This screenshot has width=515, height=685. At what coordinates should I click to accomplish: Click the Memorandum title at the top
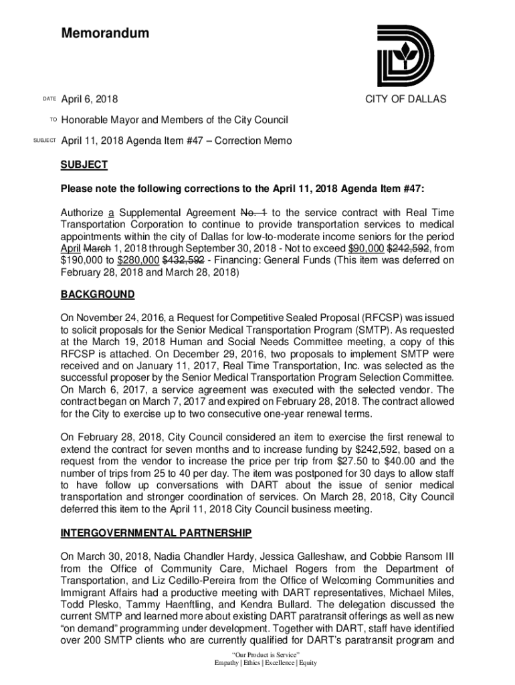click(x=105, y=33)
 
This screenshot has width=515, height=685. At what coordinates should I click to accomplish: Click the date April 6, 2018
click(x=90, y=100)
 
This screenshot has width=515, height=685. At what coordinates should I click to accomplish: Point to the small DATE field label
click(x=49, y=100)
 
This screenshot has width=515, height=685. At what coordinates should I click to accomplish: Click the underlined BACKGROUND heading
click(x=98, y=294)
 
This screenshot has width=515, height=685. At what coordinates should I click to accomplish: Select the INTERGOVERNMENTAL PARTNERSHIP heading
click(x=156, y=533)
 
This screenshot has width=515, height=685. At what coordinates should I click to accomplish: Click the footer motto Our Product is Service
click(x=265, y=653)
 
